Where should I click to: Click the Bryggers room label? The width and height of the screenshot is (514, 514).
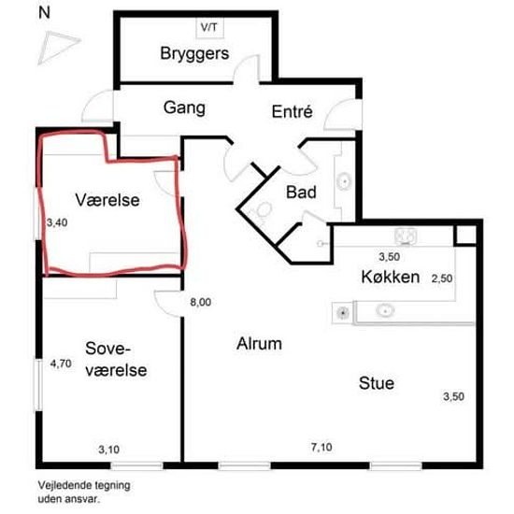tap(194, 54)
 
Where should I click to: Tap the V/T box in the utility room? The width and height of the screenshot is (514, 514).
tap(210, 27)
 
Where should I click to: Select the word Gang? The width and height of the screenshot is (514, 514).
tap(184, 108)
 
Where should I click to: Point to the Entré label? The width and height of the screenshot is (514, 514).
tap(293, 111)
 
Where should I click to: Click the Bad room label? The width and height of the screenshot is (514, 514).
tap(301, 192)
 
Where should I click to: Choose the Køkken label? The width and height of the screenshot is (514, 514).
tap(391, 277)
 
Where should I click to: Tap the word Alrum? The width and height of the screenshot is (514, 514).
tap(259, 344)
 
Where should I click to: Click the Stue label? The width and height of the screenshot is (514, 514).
tap(377, 383)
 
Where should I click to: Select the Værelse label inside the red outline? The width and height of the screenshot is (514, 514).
tap(107, 200)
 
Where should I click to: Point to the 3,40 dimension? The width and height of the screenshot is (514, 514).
tap(57, 222)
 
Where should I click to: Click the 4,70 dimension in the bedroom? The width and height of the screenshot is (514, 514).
tap(61, 364)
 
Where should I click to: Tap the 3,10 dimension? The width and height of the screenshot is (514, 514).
tap(108, 450)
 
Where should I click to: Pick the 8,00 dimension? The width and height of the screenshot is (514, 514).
tap(201, 302)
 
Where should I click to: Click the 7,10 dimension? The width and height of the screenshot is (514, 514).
tap(321, 447)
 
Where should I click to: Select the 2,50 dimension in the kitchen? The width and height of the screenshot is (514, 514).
tap(442, 278)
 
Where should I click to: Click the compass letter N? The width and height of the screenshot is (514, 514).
tap(44, 13)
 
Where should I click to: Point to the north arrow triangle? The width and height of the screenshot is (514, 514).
tap(57, 48)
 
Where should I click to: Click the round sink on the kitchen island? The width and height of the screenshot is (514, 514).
tap(385, 309)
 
